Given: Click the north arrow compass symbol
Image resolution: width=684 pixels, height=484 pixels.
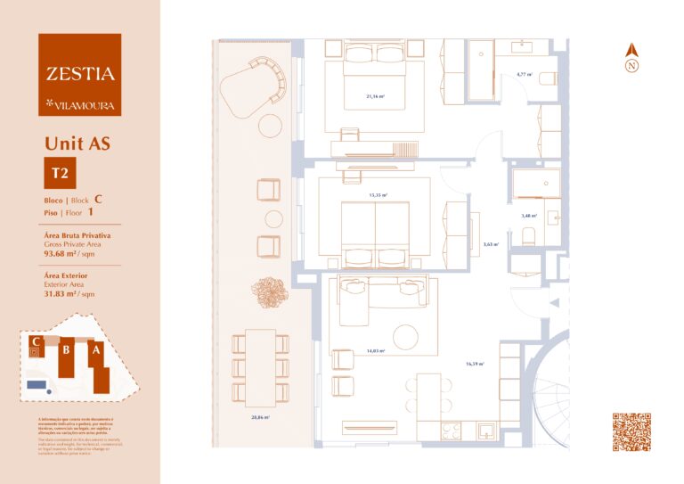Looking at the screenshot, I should (631, 59).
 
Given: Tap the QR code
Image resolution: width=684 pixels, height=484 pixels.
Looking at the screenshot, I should (631, 432).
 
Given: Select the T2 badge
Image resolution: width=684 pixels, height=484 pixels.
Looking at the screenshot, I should (61, 172).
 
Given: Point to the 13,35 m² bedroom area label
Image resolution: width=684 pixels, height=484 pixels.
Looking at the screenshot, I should (378, 193).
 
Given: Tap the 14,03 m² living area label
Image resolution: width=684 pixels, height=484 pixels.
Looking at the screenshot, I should (374, 351).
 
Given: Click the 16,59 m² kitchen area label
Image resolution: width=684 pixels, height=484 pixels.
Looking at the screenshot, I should (475, 364).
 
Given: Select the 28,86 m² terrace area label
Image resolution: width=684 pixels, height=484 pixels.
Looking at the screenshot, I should (260, 416).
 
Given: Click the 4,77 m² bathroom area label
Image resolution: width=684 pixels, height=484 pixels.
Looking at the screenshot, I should (524, 75).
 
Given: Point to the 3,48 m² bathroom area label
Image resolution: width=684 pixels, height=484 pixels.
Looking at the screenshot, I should (529, 215).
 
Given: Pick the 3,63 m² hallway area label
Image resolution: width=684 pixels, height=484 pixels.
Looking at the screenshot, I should (490, 244).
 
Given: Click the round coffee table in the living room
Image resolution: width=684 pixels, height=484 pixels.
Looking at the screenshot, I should (406, 338).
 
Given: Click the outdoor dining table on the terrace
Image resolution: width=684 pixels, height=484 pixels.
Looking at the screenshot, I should (260, 366).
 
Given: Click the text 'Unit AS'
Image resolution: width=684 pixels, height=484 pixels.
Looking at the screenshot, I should (77, 143).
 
